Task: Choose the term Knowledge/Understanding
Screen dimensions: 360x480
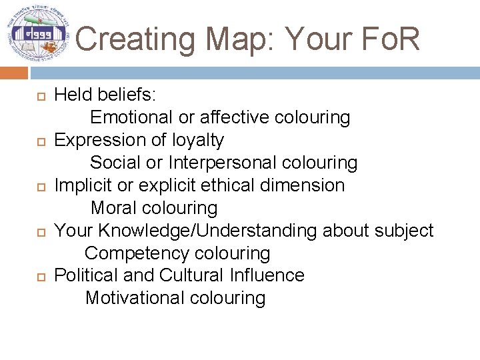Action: click(x=208, y=231)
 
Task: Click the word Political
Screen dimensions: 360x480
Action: click(x=84, y=275)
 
